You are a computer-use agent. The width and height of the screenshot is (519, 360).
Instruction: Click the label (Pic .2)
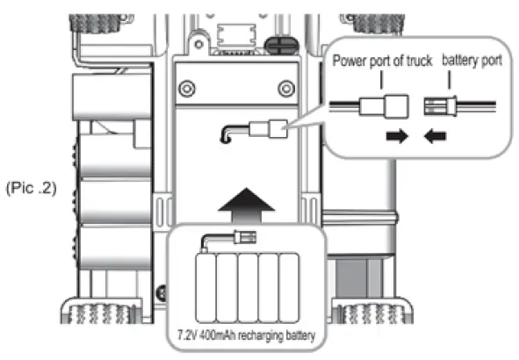[30, 188]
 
